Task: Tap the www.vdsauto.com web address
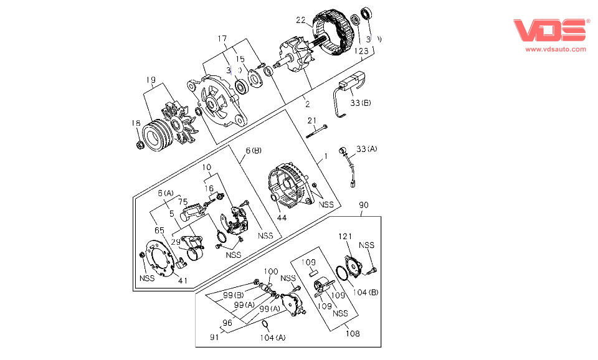[x=556, y=49]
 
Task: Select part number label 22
[x=301, y=21]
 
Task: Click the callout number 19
[x=151, y=80]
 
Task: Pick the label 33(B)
[x=359, y=102]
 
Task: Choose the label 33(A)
[x=367, y=149]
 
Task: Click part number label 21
[x=312, y=120]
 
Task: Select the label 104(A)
[x=272, y=337]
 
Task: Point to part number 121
[x=346, y=237]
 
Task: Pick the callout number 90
[x=363, y=204]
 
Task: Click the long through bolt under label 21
[x=316, y=130]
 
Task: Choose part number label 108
[x=353, y=334]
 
